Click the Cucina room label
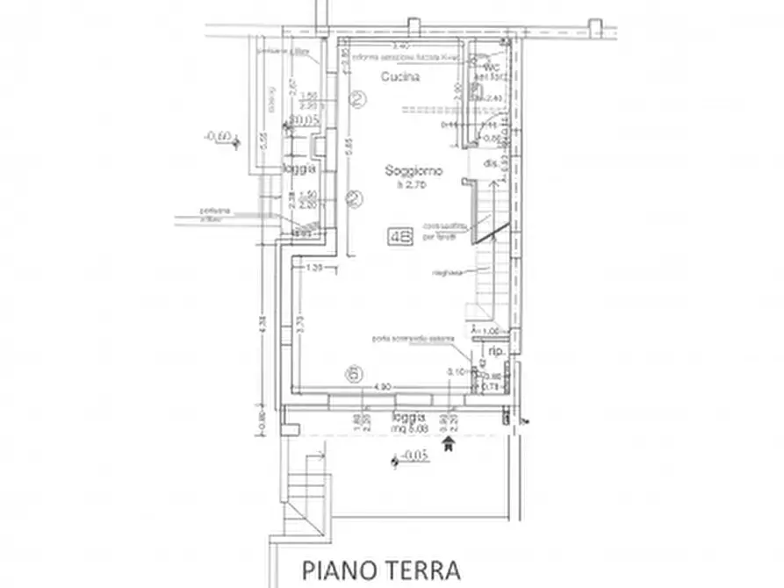(399, 77)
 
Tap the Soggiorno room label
(414, 170)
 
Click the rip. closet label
(495, 350)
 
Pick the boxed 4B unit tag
(401, 235)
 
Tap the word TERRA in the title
(421, 570)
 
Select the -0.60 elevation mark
(216, 137)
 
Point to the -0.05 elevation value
(413, 457)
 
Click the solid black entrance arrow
(450, 444)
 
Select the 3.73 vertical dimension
(300, 326)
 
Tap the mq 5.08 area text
(409, 430)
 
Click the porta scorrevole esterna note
(413, 339)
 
